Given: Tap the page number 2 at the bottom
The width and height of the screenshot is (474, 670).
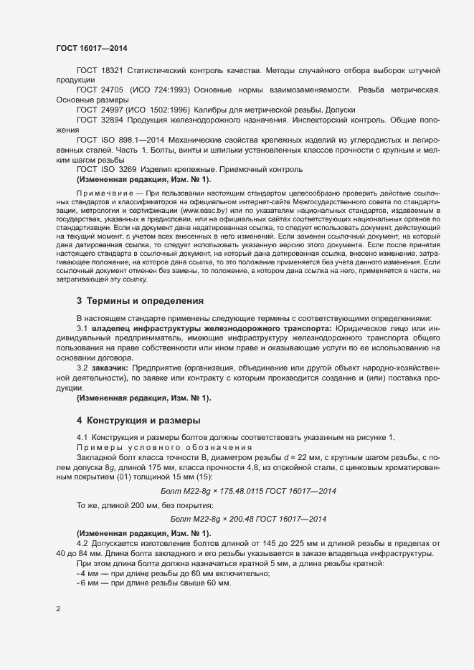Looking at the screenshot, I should coord(58,610).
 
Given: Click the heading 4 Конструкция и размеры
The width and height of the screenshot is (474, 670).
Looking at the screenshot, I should coord(138,419).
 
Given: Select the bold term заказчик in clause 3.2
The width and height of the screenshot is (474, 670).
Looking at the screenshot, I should coord(109,368).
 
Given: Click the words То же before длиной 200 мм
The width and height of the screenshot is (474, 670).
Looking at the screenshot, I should coord(88,505).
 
